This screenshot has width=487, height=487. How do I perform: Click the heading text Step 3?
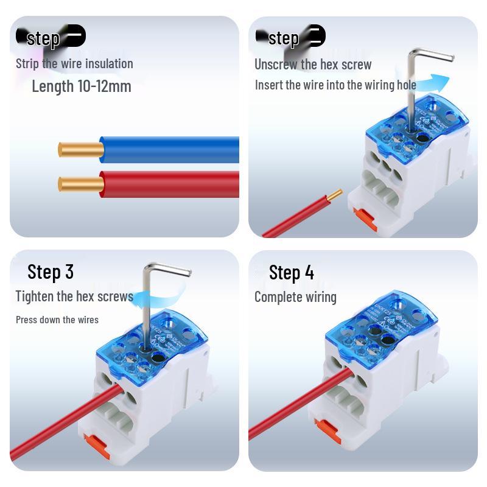pos(51,272)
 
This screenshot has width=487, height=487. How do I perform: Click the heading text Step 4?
pos(292,273)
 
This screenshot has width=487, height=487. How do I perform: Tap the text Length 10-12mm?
pos(82,86)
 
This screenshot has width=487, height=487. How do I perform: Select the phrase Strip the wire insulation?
pos(74,63)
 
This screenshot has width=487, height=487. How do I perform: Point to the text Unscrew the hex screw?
pos(313,65)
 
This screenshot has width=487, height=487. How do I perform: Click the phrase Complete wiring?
pos(295,297)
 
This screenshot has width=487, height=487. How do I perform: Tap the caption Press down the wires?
pos(57,320)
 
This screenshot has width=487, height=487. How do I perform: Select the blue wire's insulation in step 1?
pos(170,150)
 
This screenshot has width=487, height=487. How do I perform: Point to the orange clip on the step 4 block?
pos(329,430)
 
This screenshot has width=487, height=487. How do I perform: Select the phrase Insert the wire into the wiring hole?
pos(335,85)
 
